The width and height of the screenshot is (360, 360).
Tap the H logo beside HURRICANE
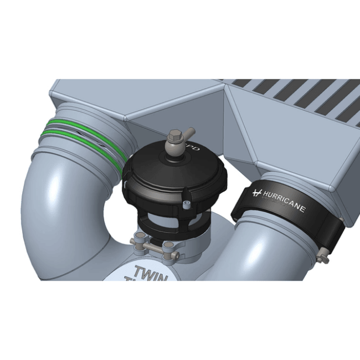(256, 193)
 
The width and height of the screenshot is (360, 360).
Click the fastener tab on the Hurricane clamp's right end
(324, 256)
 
